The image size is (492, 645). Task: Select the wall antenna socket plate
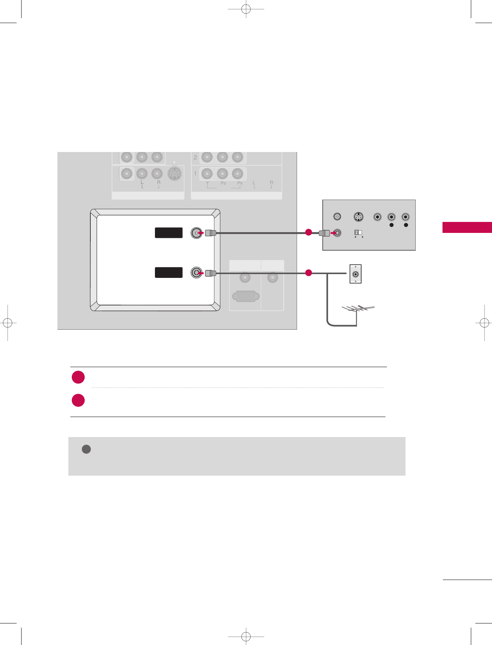[355, 274]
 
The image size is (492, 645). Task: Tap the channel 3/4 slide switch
[358, 232]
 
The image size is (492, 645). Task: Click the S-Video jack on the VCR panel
[359, 217]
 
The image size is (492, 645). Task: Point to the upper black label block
[169, 233]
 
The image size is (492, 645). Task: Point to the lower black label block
[169, 273]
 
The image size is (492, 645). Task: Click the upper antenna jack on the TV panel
[196, 233]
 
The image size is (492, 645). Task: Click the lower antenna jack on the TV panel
[196, 273]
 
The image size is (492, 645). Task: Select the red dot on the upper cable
[309, 233]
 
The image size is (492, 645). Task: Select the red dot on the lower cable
[309, 273]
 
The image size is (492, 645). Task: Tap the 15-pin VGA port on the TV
[246, 296]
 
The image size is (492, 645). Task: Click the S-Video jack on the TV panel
[174, 174]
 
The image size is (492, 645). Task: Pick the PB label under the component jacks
[223, 183]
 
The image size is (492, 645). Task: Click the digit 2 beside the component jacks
[195, 157]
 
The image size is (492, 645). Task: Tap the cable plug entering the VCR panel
[324, 233]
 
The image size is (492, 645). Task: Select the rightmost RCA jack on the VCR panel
[405, 217]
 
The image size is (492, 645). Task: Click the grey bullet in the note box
[86, 449]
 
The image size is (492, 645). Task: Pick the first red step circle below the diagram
[78, 377]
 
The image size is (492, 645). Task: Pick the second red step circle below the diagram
[78, 400]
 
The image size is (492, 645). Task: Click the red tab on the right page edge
[467, 228]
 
